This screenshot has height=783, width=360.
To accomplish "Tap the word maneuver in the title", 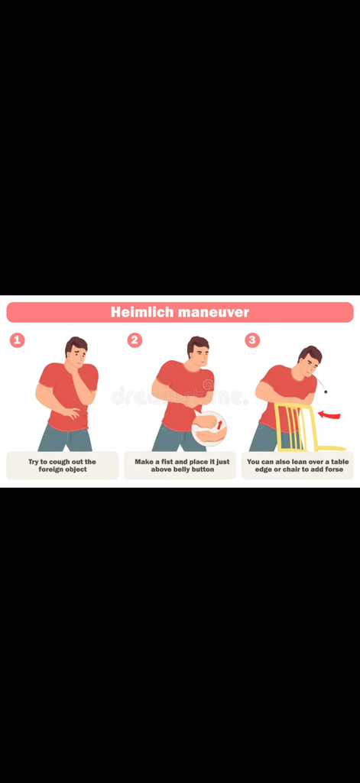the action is click(x=214, y=313).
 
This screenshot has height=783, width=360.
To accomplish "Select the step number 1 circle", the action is click(x=18, y=340).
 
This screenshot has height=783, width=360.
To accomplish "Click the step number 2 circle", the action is click(x=135, y=340).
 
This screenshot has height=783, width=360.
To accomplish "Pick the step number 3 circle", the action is click(x=252, y=340).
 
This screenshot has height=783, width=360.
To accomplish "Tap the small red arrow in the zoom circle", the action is click(x=219, y=424).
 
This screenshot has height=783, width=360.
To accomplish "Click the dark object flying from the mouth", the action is click(x=326, y=391).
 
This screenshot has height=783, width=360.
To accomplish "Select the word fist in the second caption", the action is click(x=167, y=462).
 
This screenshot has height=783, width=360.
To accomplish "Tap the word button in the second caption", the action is click(x=202, y=469).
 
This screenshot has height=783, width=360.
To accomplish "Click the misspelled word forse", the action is click(x=332, y=469).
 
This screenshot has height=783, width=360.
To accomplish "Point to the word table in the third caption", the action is click(x=339, y=462).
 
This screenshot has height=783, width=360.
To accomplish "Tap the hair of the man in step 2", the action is click(x=198, y=343).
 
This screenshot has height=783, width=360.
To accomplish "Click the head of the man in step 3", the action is click(x=310, y=360).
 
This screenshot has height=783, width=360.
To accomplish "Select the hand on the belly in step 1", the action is click(x=71, y=413).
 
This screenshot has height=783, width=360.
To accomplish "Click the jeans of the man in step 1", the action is click(x=65, y=438).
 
